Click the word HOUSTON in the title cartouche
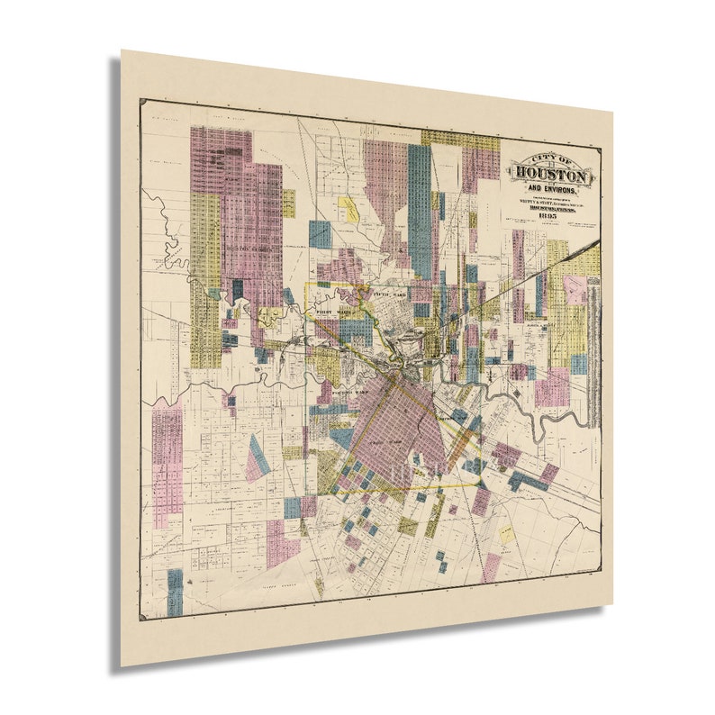click(551, 175)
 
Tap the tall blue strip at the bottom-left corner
click(175, 591)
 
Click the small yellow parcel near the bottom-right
click(506, 534)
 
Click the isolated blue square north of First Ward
click(320, 234)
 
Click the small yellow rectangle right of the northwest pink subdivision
click(288, 203)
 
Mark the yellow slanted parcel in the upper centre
click(348, 209)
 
